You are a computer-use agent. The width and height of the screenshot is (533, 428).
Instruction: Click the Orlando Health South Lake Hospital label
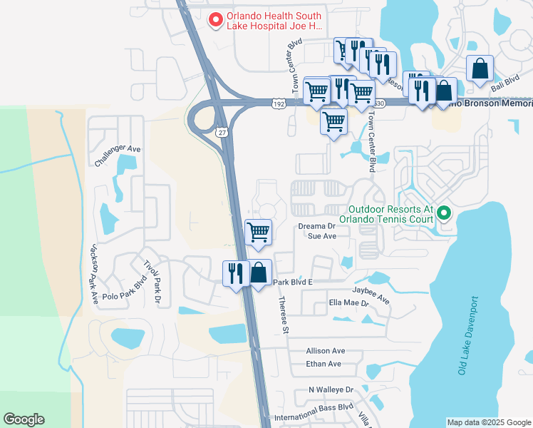tap(274, 21)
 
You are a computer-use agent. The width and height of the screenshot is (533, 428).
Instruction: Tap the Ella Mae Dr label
tap(348, 303)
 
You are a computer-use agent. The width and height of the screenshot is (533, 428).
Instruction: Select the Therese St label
tap(283, 315)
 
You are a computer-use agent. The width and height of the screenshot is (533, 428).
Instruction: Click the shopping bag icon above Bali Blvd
tap(480, 68)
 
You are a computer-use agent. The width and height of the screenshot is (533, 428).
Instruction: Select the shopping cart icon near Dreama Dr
tap(258, 231)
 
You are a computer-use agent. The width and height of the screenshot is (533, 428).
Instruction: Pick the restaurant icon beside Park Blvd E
tap(236, 274)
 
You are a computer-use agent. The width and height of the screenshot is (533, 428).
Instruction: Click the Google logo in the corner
tap(24, 419)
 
